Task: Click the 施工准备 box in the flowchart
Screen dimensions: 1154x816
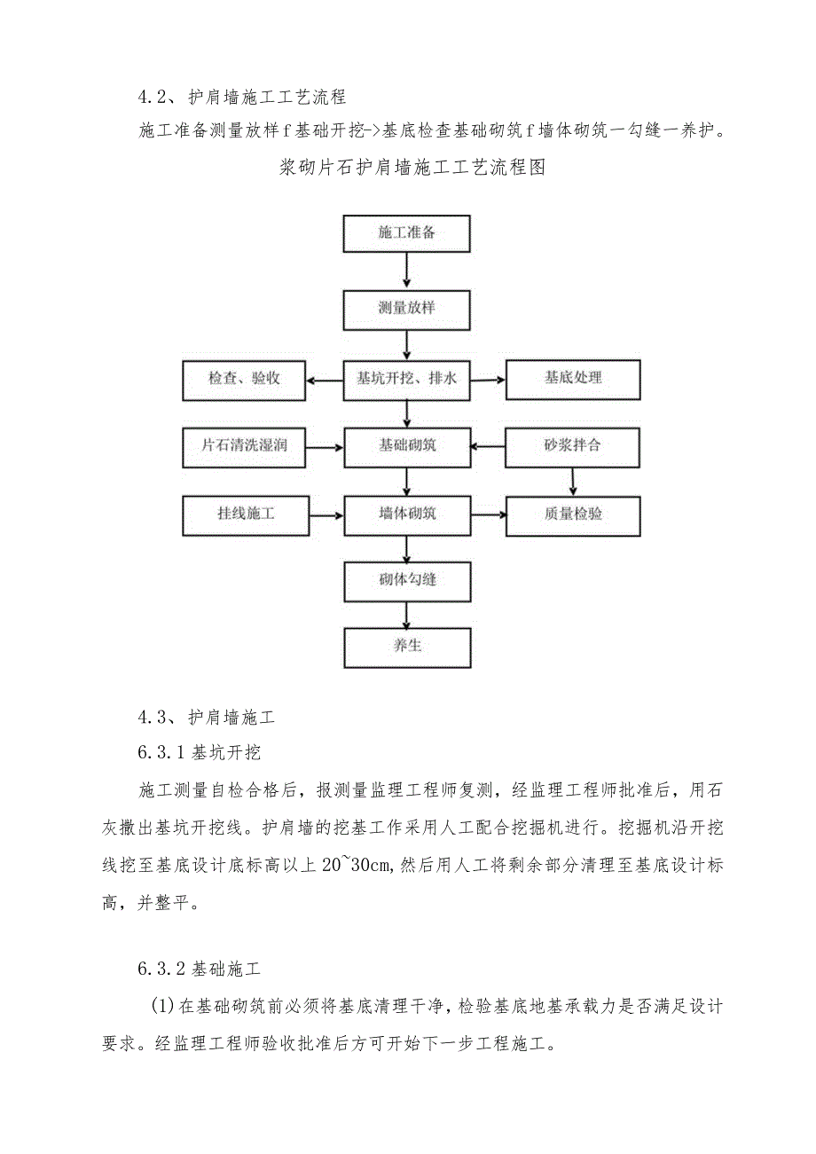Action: coord(407,232)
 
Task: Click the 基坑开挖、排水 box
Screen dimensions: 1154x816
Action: coord(407,378)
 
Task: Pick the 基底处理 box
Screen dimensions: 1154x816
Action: coord(572,378)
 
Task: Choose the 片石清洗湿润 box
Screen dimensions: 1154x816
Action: coord(244,445)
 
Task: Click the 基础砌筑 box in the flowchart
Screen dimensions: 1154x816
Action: coord(407,445)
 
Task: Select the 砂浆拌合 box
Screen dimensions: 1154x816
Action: coord(572,445)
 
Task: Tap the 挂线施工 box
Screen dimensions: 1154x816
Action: coord(244,514)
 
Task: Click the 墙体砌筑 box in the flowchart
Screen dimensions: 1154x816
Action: coord(407,514)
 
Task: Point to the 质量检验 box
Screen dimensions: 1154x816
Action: coord(572,514)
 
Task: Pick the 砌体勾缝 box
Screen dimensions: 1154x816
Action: coord(407,580)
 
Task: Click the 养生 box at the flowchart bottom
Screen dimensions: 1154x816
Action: coord(407,646)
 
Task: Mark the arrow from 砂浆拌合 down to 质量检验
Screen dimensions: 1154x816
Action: coord(573,481)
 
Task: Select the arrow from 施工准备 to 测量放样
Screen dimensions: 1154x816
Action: coord(407,270)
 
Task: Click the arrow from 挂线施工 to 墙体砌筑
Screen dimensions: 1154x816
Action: coord(325,514)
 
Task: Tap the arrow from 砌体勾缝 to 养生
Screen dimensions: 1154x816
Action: coord(407,613)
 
